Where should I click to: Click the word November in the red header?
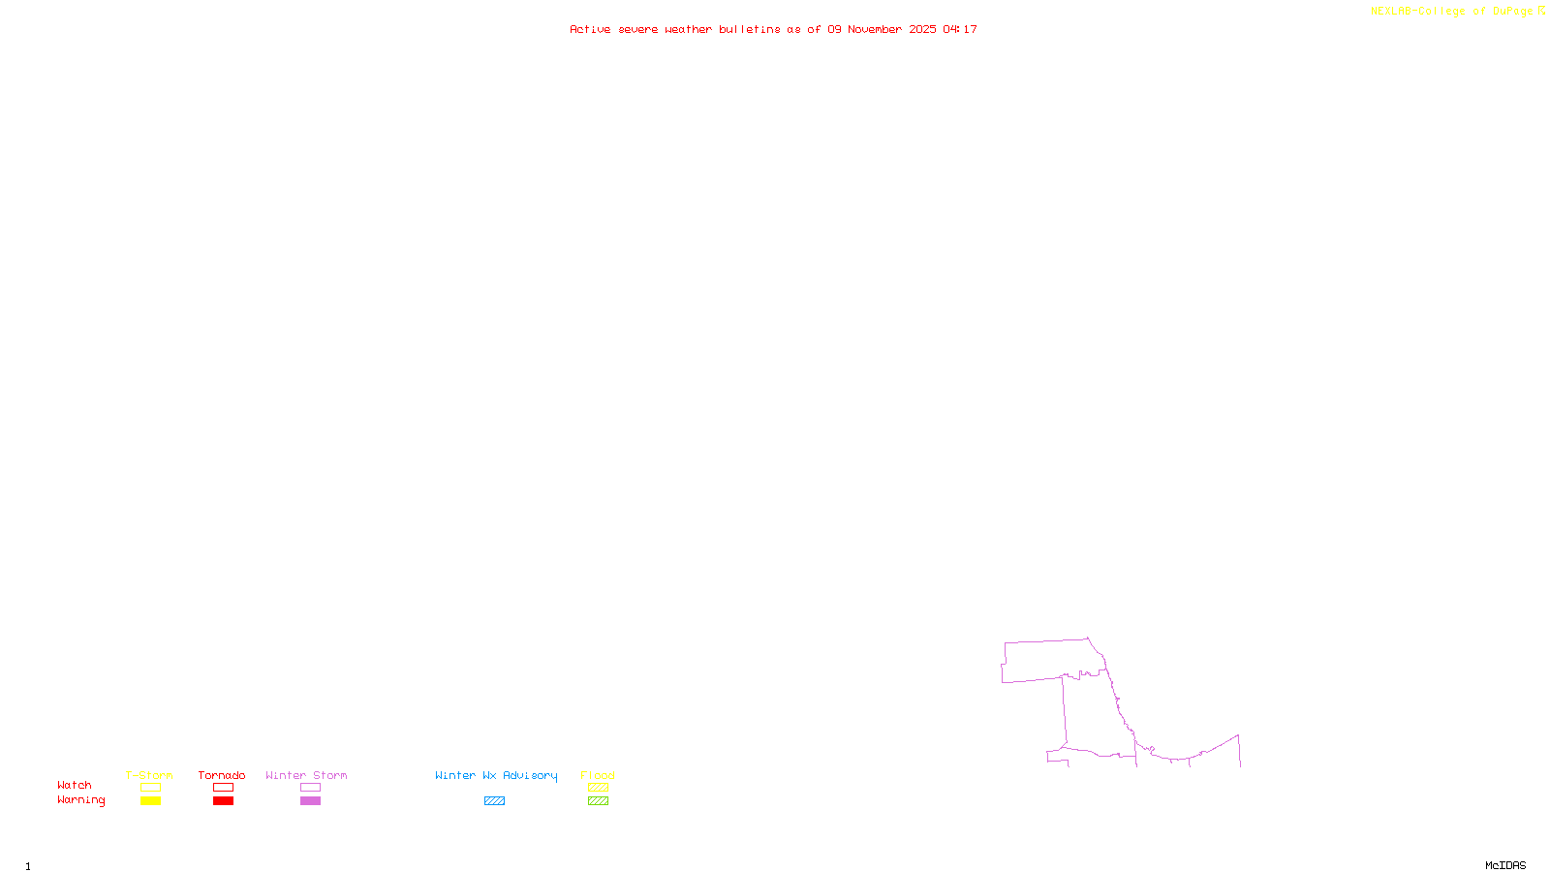point(875,29)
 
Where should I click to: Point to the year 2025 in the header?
point(922,29)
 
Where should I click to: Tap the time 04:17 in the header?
point(960,29)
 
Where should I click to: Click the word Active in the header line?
point(590,29)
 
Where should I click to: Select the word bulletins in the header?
point(750,29)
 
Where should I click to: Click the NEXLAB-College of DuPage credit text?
point(1451,11)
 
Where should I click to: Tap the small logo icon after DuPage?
point(1541,11)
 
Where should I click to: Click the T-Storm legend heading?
point(149,775)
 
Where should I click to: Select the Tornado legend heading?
point(222,775)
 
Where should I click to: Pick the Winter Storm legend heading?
point(306,775)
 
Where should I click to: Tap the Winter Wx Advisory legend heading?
point(496,775)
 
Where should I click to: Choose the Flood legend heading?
point(598,775)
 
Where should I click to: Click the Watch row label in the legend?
point(75,785)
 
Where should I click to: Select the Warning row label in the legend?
point(80,800)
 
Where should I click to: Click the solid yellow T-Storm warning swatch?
point(150,801)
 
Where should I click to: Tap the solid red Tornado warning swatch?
point(224,801)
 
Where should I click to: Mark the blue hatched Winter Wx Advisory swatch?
point(494,801)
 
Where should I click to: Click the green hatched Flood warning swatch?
point(599,801)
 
